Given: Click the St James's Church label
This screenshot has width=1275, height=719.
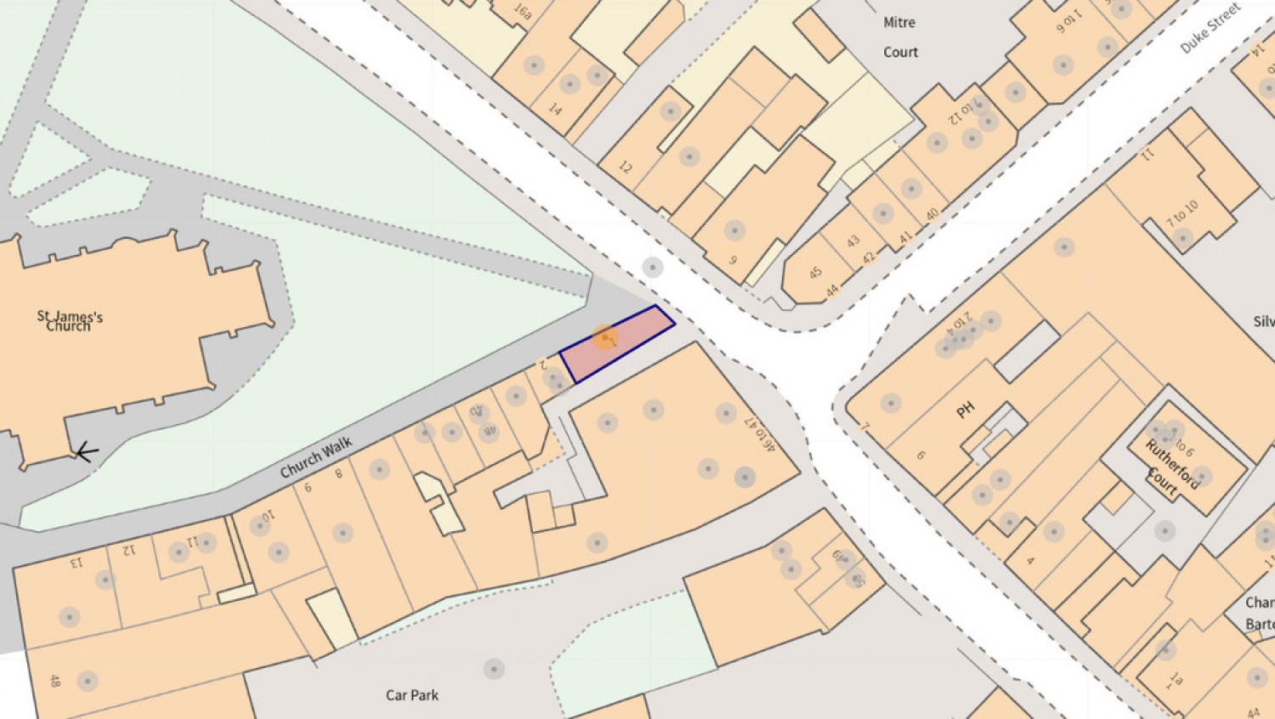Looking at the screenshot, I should pyautogui.click(x=70, y=321).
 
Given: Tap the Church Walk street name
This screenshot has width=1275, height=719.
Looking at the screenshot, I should pyautogui.click(x=316, y=457).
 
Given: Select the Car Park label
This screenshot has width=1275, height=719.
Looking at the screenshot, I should pyautogui.click(x=412, y=695).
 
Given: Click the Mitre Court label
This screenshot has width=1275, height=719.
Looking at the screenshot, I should pyautogui.click(x=900, y=37).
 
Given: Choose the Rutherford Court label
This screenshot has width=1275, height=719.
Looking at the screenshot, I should pyautogui.click(x=1171, y=468).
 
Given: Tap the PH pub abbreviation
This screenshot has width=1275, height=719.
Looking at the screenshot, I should pyautogui.click(x=965, y=410).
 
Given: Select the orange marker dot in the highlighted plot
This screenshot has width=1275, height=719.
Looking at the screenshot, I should pyautogui.click(x=605, y=337).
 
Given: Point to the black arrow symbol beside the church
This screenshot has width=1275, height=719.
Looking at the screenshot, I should pyautogui.click(x=86, y=452).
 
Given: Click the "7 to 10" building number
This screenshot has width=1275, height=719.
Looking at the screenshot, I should pyautogui.click(x=1182, y=212).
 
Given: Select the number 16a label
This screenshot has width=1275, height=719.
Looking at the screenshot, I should pyautogui.click(x=523, y=12).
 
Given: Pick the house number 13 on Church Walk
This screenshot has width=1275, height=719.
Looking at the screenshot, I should pyautogui.click(x=76, y=562).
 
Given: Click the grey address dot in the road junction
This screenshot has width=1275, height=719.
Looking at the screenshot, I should pyautogui.click(x=652, y=268).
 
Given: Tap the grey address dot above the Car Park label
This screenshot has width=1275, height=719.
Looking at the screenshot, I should pyautogui.click(x=494, y=669).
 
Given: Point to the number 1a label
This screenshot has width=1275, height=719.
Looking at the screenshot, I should pyautogui.click(x=1176, y=679).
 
